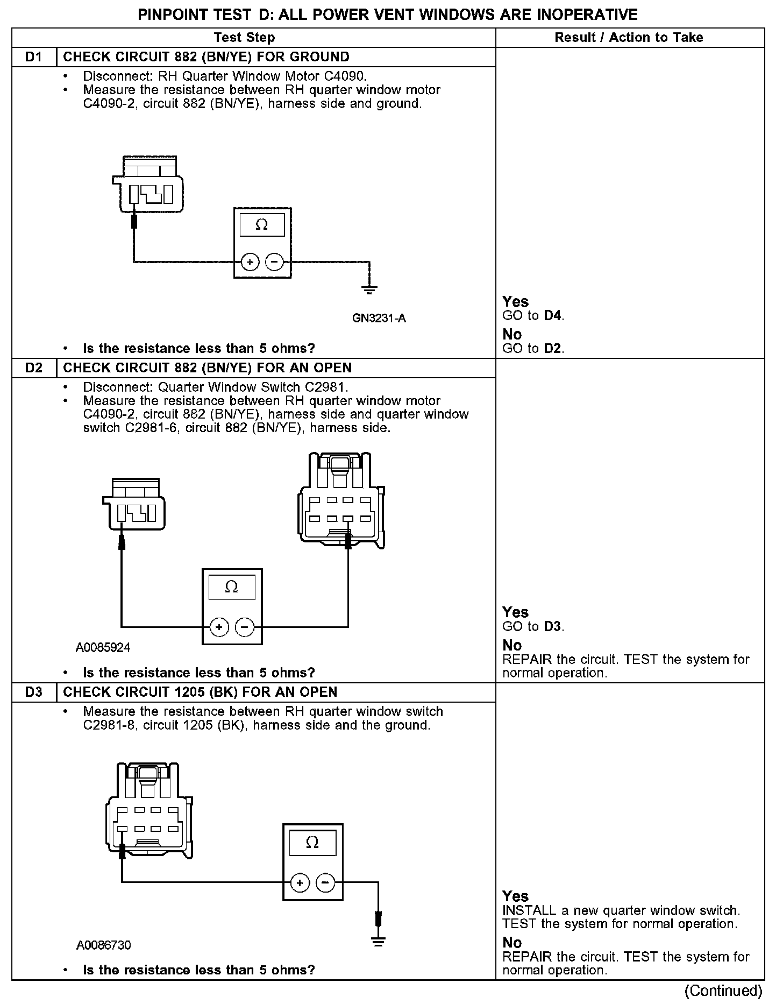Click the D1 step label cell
34,57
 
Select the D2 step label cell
34,368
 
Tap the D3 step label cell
34,692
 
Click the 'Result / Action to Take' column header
629,38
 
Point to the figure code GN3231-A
379,319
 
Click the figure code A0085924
103,648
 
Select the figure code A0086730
103,945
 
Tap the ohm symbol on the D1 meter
262,224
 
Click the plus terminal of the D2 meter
219,627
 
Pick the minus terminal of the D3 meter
325,882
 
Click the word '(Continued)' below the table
723,991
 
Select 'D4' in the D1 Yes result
553,316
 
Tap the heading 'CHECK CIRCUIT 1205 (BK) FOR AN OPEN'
201,692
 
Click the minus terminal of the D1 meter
274,262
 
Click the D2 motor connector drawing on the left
134,504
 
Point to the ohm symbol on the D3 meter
312,843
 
